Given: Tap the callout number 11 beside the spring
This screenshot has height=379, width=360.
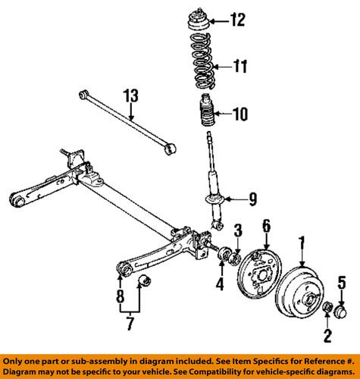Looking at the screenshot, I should (239, 67).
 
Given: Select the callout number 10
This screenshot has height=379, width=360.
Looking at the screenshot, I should (239, 116).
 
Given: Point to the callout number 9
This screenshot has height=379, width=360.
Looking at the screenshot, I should (252, 199).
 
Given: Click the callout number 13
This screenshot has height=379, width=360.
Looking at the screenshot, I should (132, 96).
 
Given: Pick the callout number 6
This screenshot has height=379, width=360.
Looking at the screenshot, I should (266, 224).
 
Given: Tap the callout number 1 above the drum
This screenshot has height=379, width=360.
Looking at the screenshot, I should (302, 243).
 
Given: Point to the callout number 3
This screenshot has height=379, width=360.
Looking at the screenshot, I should (237, 230).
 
